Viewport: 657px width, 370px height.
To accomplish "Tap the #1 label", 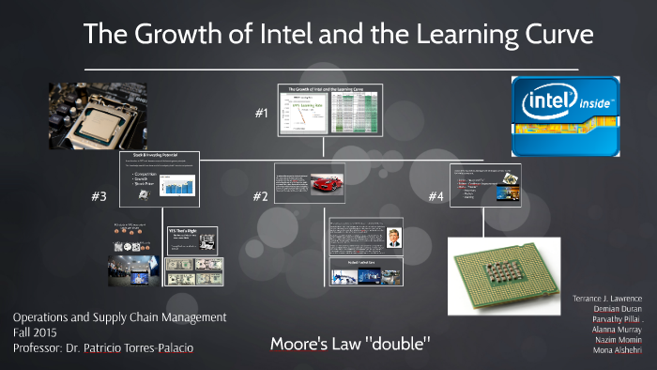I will coord(263,113).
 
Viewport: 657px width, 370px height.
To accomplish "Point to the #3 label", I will coord(100,196).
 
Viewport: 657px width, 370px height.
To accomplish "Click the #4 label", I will coord(436,196).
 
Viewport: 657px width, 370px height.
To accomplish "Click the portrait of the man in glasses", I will coord(392,236).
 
